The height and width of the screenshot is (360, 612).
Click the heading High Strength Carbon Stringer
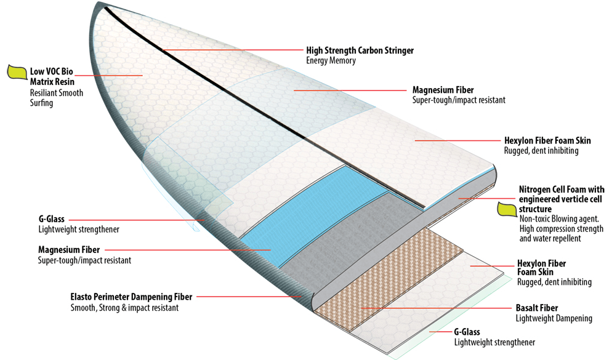point(360,50)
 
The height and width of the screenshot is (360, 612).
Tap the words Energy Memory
point(331,60)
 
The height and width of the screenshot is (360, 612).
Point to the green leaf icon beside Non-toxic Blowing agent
point(506,210)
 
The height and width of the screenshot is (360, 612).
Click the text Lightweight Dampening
point(554,318)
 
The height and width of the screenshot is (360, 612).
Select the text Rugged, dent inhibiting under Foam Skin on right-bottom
point(554,282)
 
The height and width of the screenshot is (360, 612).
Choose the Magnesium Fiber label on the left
point(68,250)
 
